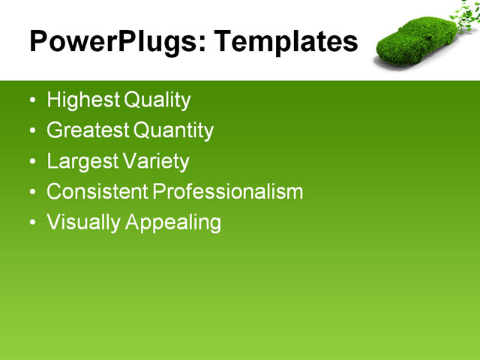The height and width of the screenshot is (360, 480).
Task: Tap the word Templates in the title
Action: pos(286,42)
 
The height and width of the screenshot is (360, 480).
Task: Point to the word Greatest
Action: pos(87,131)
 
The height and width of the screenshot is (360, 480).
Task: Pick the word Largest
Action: pos(81,161)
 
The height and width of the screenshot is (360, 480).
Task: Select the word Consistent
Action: pos(97,192)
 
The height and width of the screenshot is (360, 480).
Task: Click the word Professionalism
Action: pos(228,192)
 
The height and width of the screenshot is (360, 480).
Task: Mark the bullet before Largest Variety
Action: pos(31,162)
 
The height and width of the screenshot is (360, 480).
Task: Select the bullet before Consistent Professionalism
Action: pos(31,193)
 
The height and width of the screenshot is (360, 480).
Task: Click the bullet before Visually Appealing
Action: pos(31,223)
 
